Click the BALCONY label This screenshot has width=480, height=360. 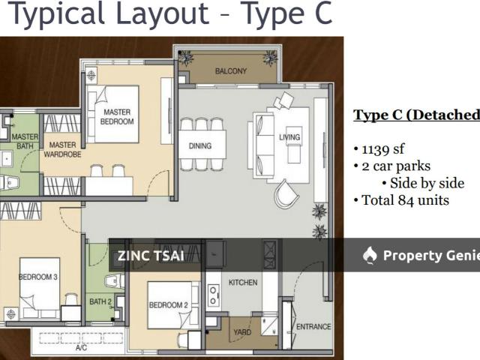coord(231,71)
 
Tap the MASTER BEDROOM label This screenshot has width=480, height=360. coord(117,117)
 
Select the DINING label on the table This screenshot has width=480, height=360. coord(200,145)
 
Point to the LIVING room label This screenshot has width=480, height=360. coord(289,136)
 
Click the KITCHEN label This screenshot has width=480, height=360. coord(243,282)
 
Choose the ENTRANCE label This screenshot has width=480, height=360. coord(313,327)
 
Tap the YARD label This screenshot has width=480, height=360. coord(242,332)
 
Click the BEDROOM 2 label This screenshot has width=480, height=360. coord(168,305)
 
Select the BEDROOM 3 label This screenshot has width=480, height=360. coord(38,277)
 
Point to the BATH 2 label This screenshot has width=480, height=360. coord(100,301)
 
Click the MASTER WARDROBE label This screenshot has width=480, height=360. coord(62,149)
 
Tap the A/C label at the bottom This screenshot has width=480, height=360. coord(81,348)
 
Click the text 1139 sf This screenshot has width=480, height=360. coord(383,149)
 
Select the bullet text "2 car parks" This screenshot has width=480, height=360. coord(396,166)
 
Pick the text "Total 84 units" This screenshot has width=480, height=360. coord(405,200)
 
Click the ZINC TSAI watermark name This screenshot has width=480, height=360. coord(151,256)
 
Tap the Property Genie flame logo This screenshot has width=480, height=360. coord(370,255)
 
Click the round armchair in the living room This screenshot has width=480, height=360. coord(286,194)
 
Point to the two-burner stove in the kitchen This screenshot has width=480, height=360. coord(213,295)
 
